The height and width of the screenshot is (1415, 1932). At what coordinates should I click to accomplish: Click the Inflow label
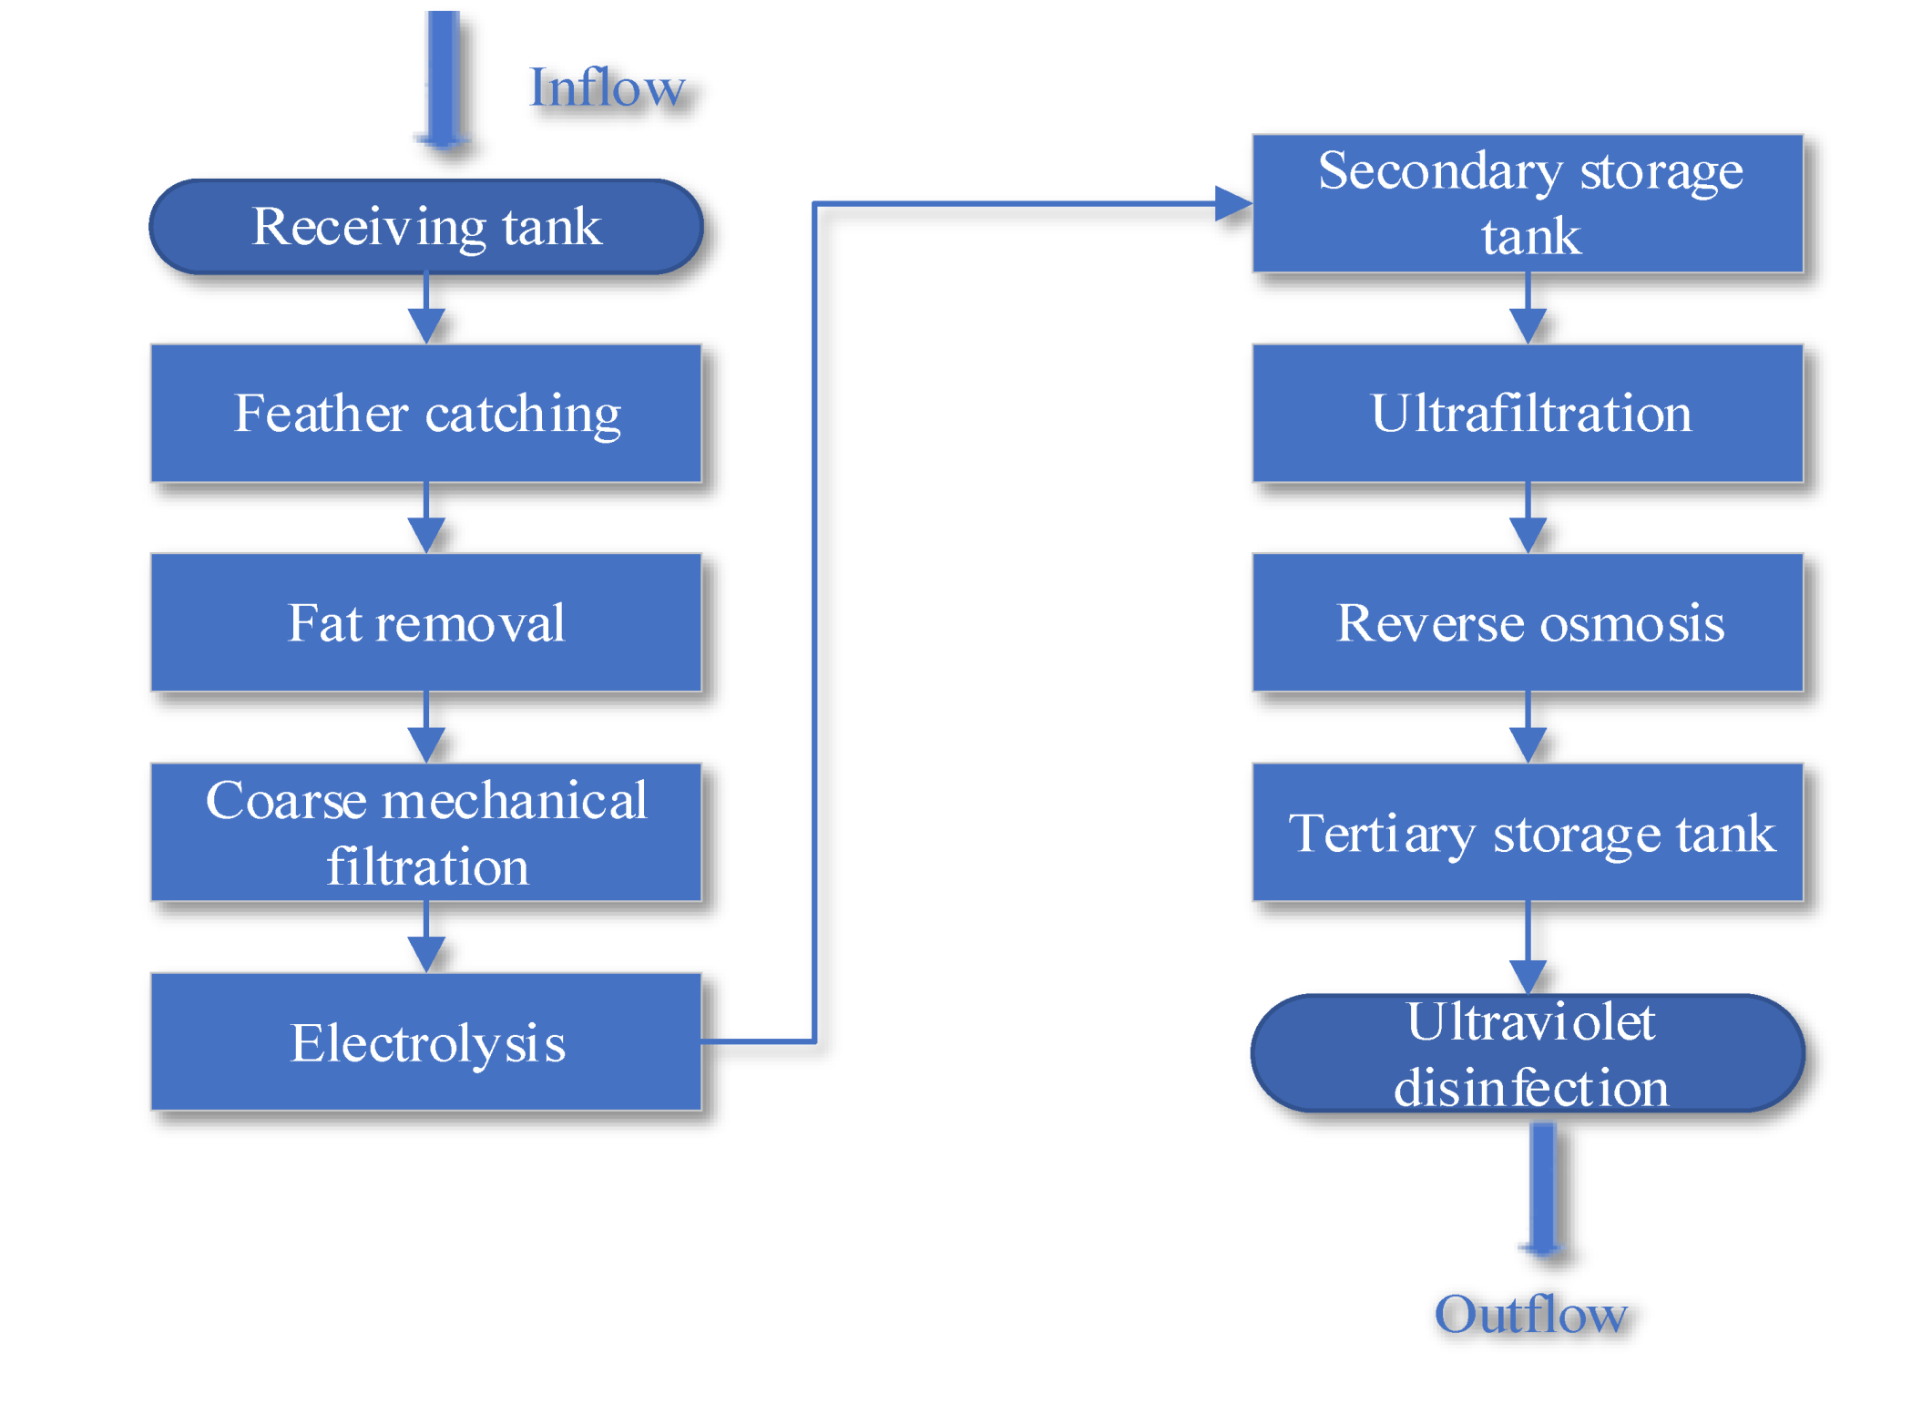607,88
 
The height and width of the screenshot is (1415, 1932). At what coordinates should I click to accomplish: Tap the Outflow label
1530,1315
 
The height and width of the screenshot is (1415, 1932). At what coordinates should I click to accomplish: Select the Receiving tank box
426,227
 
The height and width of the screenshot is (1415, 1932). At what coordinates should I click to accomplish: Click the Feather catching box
426,414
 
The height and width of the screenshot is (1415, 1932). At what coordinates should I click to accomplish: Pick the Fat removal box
426,623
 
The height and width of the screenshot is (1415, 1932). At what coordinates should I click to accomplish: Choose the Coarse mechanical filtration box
426,833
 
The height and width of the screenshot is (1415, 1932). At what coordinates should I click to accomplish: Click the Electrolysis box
426,1042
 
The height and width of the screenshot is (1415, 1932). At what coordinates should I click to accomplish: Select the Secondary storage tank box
1528,203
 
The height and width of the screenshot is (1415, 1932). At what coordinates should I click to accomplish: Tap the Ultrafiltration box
1528,414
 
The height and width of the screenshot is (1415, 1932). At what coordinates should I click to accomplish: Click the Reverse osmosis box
1528,623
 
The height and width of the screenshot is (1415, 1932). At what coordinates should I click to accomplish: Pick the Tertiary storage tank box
1528,833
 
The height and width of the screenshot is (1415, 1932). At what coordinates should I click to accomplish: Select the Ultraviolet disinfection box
1528,1054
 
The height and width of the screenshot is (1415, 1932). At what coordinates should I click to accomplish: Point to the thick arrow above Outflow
1543,1190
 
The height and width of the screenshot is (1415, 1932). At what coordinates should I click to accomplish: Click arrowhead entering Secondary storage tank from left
1232,204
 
